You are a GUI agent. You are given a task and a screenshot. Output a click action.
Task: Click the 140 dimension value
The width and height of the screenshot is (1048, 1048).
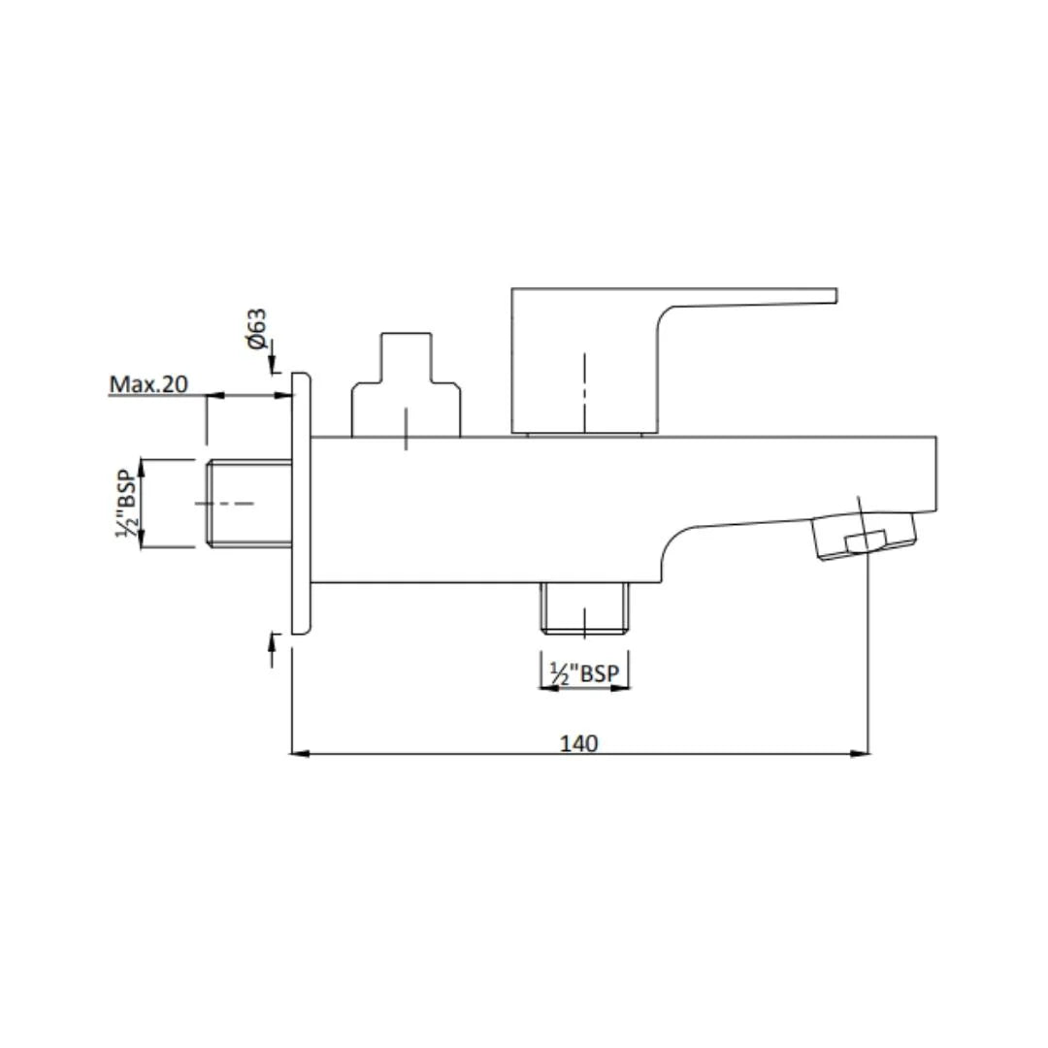tap(578, 743)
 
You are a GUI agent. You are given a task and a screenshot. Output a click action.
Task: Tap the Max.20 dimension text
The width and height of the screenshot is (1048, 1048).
tap(148, 384)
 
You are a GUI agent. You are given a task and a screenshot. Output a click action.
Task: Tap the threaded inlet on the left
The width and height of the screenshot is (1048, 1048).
tap(249, 504)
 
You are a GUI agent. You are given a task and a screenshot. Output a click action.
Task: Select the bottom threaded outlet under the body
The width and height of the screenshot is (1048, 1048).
tap(584, 607)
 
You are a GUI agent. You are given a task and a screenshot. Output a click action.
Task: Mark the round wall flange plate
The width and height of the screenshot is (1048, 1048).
tap(301, 504)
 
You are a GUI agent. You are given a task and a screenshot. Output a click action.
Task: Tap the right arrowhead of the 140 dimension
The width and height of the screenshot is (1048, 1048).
tap(862, 752)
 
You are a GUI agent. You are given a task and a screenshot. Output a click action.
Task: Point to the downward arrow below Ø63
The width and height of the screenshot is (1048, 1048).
tap(273, 361)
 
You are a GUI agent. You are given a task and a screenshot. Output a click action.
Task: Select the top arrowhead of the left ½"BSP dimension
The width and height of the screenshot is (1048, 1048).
tap(142, 465)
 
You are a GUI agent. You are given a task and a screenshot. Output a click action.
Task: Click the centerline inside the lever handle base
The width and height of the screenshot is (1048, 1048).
tap(585, 393)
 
